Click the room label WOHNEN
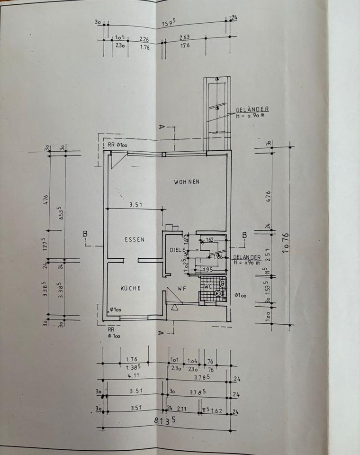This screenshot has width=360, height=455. pyautogui.click(x=186, y=182)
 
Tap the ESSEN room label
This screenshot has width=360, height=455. pyautogui.click(x=135, y=240)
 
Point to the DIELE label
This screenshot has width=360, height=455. pyautogui.click(x=176, y=250)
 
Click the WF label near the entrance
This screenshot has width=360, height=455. pyautogui.click(x=181, y=288)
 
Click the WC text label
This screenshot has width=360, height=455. pyautogui.click(x=208, y=286)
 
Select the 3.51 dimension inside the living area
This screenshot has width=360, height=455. pyautogui.click(x=136, y=205)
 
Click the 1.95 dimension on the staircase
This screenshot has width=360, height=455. pyautogui.click(x=207, y=269)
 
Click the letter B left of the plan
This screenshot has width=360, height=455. pyautogui.click(x=85, y=233)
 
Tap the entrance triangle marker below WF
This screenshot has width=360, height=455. pyautogui.click(x=175, y=307)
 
